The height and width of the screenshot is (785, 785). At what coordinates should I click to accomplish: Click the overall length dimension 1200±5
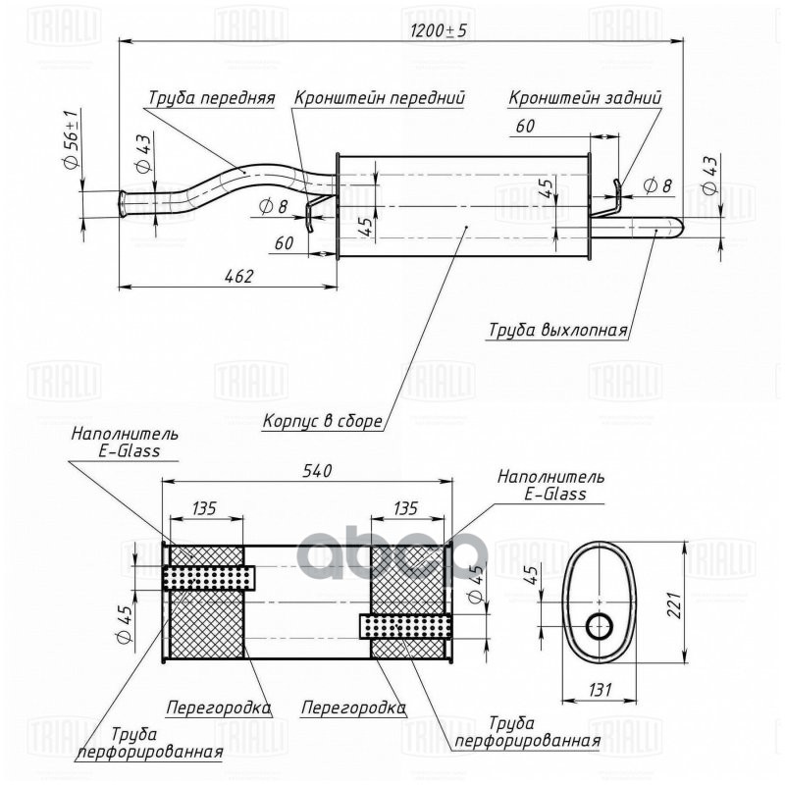[x=440, y=30]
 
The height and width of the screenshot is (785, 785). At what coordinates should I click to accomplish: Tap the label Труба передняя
[x=211, y=98]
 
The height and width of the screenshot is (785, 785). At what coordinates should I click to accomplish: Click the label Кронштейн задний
[x=585, y=98]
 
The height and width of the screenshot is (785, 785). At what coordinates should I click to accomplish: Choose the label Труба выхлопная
[x=557, y=330]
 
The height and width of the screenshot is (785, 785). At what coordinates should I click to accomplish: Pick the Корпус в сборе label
[x=322, y=422]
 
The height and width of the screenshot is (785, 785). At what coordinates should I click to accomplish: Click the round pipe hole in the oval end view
[x=599, y=624]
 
